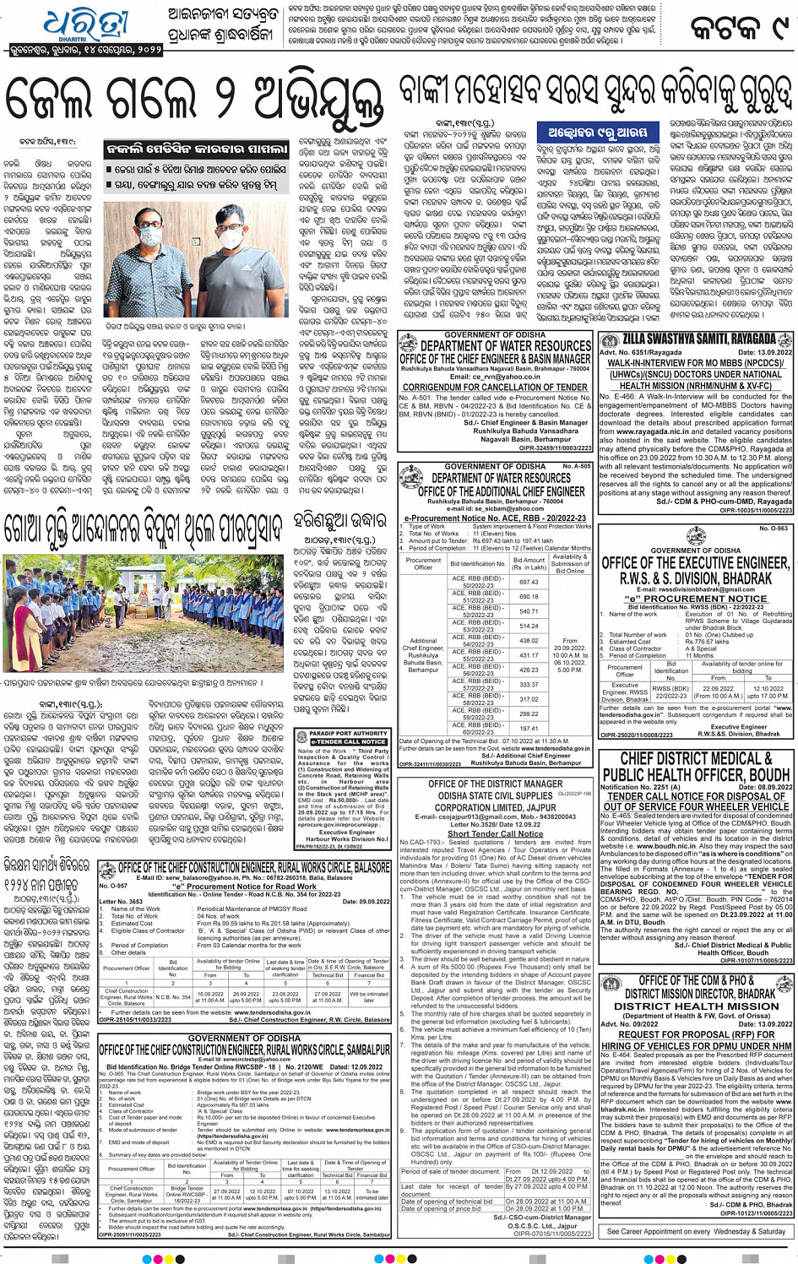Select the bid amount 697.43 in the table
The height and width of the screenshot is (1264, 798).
(529, 582)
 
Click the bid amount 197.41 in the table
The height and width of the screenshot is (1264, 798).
(529, 728)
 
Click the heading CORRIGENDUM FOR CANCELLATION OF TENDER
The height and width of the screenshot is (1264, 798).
(495, 388)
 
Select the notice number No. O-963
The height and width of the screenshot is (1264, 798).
(774, 529)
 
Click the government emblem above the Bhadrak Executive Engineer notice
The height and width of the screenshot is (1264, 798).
(695, 539)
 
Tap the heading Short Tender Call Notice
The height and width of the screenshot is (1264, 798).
(496, 833)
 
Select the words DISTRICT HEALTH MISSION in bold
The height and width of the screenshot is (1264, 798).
(696, 1006)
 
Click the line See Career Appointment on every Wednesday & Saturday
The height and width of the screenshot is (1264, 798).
(696, 1231)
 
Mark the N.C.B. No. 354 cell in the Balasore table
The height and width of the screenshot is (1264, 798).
(173, 997)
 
